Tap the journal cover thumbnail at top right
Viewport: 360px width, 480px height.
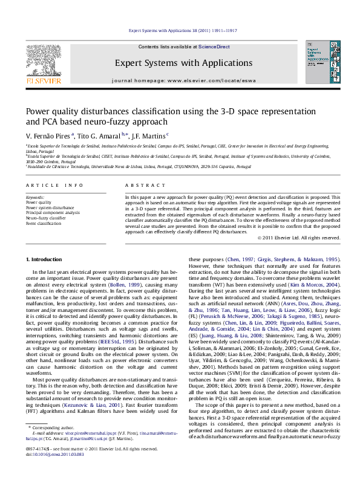pyautogui.click(x=318, y=63)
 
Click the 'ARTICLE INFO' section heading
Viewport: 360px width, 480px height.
pyautogui.click(x=54, y=185)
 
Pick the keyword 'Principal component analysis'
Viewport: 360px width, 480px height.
pyautogui.click(x=53, y=213)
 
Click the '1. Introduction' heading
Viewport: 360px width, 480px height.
pyautogui.click(x=42, y=259)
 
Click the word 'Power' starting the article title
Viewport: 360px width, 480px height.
pyautogui.click(x=38, y=111)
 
